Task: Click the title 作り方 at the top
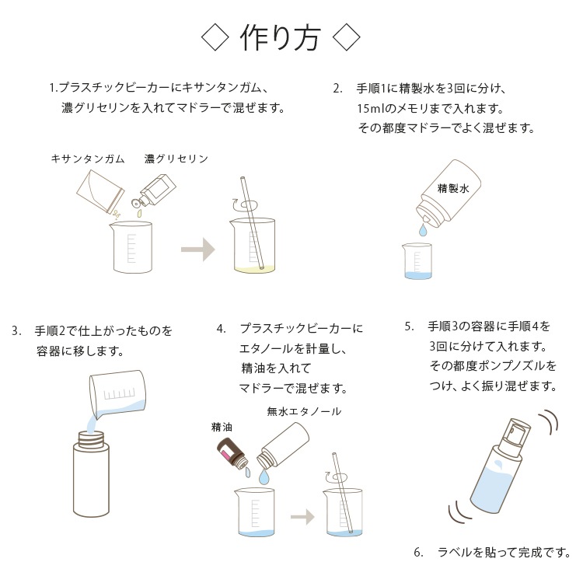(x=280, y=38)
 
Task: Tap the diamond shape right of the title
(x=346, y=37)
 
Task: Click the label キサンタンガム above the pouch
(x=88, y=159)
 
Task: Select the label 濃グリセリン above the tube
(x=176, y=159)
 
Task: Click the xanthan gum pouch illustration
(x=100, y=192)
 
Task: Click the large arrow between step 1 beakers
(x=197, y=249)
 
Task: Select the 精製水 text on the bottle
(x=453, y=189)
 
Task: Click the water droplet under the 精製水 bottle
(x=423, y=230)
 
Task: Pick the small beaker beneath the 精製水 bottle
(x=417, y=261)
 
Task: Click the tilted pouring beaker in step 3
(x=117, y=393)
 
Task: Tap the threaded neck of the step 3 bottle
(x=92, y=439)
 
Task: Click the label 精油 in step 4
(x=222, y=428)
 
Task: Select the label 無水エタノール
(x=304, y=411)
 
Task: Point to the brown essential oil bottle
(x=232, y=452)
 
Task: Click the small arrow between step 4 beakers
(x=302, y=516)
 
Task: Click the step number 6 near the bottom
(x=418, y=553)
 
